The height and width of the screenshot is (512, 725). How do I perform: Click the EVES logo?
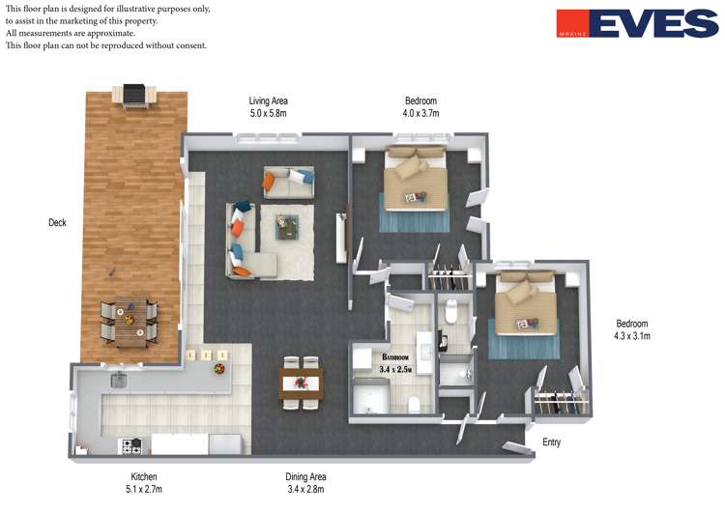(637, 23)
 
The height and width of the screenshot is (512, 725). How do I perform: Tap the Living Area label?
(268, 100)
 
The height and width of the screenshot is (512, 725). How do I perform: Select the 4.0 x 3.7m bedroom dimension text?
(420, 113)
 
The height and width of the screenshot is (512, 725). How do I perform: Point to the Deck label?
(57, 222)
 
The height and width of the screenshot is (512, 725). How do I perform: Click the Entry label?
(551, 442)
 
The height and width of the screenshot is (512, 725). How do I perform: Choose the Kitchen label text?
(144, 476)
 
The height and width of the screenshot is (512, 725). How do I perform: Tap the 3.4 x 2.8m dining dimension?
(305, 489)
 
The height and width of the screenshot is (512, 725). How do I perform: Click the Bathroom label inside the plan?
(395, 357)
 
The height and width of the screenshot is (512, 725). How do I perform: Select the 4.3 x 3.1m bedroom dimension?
(632, 336)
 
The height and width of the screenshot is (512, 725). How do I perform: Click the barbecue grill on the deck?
(134, 96)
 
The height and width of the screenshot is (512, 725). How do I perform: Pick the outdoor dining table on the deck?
(129, 321)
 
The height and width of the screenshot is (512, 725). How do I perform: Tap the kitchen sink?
(119, 380)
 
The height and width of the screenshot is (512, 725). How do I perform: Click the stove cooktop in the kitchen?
(131, 446)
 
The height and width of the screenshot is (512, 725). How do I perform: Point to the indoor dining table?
(301, 384)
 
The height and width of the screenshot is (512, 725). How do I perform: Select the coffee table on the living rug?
(287, 227)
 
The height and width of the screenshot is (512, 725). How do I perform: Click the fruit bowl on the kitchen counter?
(219, 368)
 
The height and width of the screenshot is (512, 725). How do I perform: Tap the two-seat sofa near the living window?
(289, 182)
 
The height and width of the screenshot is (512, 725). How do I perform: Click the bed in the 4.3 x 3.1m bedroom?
(526, 302)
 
